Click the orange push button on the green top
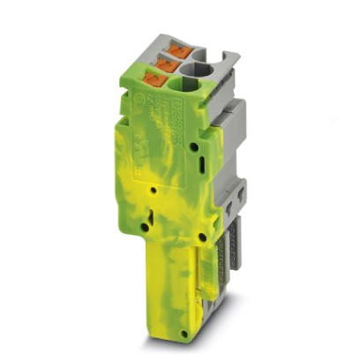click(x=159, y=79)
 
